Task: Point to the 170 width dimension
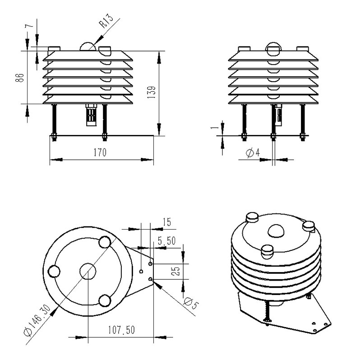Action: click(100, 152)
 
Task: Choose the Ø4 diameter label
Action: click(253, 153)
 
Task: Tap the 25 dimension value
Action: click(176, 271)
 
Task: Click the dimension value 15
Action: click(167, 222)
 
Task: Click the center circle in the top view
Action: click(88, 271)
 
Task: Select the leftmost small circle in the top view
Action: click(54, 271)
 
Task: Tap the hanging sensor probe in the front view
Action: click(92, 116)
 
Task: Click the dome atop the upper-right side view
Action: click(274, 48)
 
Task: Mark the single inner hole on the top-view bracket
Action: click(141, 271)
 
